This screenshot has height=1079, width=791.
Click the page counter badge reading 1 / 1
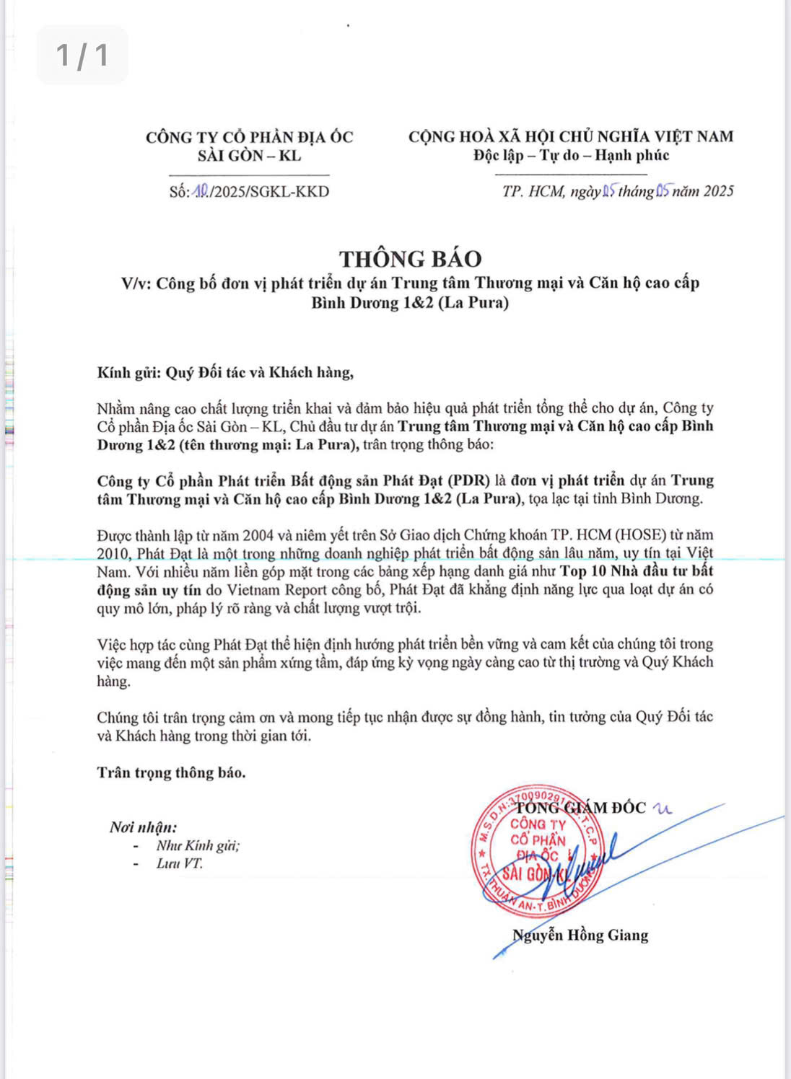82,55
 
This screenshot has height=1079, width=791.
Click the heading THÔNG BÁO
411,259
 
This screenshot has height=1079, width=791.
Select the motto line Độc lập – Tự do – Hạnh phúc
571,155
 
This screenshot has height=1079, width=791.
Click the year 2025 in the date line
719,191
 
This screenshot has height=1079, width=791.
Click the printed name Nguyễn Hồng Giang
580,935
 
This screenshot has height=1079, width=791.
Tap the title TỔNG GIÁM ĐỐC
581,808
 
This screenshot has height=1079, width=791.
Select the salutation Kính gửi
129,373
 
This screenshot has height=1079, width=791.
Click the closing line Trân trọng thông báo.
171,772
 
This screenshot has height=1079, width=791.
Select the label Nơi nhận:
143,827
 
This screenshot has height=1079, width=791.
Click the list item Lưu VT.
179,863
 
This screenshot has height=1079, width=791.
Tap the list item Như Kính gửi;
198,845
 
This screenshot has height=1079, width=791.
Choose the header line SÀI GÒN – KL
249,155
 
